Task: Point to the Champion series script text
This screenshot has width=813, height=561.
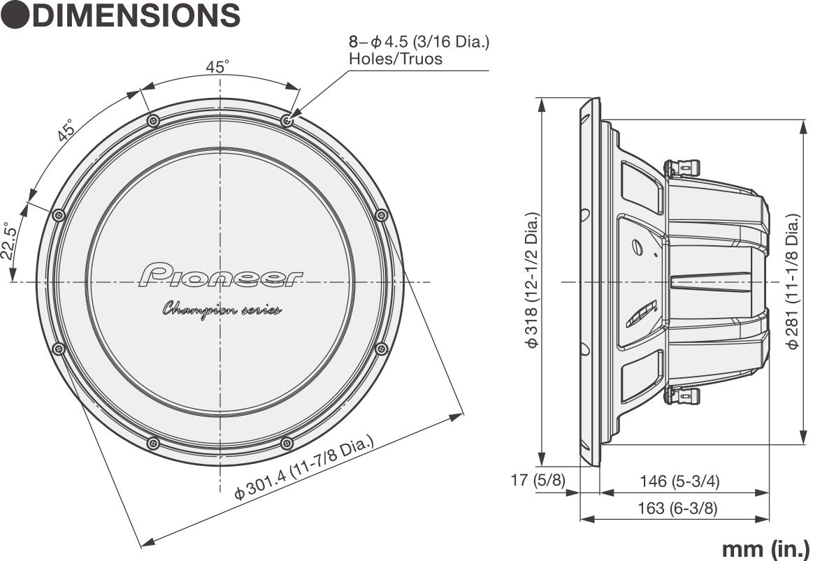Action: pyautogui.click(x=222, y=309)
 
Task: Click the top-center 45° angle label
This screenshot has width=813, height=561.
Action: pyautogui.click(x=217, y=67)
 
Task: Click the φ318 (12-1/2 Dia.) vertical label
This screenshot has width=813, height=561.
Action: pyautogui.click(x=533, y=280)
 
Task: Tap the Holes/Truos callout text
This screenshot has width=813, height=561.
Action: pyautogui.click(x=395, y=59)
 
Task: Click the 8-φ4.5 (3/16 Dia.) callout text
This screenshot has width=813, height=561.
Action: pyautogui.click(x=419, y=41)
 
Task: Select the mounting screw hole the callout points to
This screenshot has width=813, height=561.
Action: pyautogui.click(x=287, y=121)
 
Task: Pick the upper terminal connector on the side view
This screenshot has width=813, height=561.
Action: pyautogui.click(x=680, y=168)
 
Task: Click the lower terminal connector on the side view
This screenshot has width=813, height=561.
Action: pyautogui.click(x=680, y=395)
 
